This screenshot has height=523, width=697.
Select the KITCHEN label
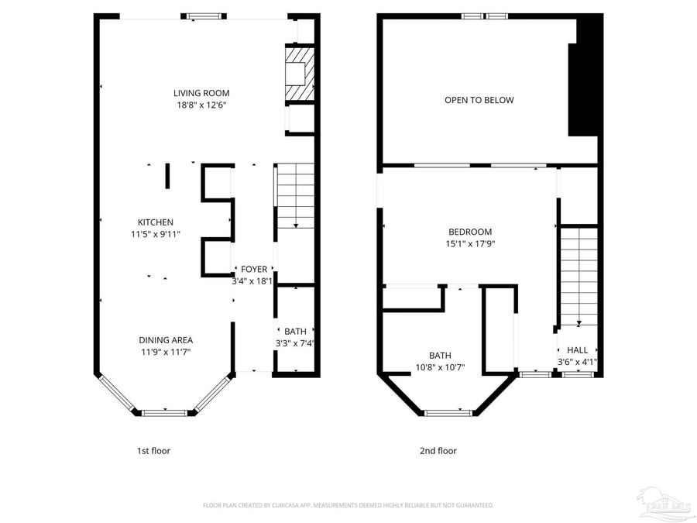pos(156,222)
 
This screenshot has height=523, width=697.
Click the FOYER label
pos(254,269)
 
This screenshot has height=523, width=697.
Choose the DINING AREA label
pos(166,340)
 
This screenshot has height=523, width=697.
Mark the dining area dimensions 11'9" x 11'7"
pos(166,352)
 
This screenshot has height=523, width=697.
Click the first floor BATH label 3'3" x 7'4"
pos(295,337)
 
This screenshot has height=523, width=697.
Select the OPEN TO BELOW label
pos(479,100)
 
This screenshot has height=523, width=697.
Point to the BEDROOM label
pos(470,232)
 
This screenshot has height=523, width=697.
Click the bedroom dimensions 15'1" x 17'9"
pos(470,243)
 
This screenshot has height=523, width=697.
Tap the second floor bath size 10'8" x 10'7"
pos(440,367)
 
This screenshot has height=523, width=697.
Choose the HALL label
pos(578,350)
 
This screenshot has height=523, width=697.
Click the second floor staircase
pos(579,275)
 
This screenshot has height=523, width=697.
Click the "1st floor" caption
pos(153,451)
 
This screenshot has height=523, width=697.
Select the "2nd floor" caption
pos(438,451)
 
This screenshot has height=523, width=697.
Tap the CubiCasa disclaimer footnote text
pos(348,505)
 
